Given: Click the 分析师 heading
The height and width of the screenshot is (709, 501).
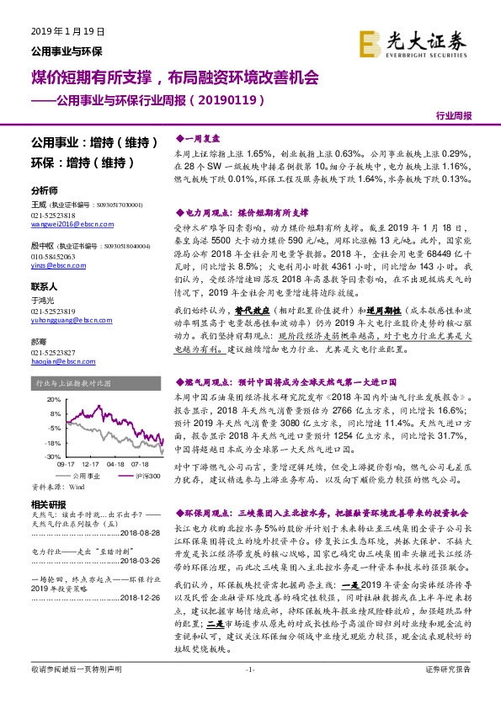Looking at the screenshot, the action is [44, 191].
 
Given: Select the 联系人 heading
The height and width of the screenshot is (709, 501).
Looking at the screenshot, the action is [44, 286].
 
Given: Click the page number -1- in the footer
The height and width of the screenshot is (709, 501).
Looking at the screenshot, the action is [249, 692].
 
